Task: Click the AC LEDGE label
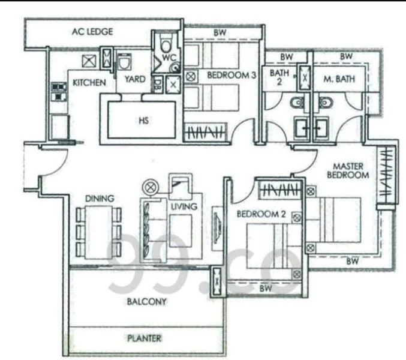(x=92, y=32)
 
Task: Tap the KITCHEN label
(x=89, y=83)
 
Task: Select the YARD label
(x=135, y=79)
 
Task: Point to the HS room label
(x=144, y=121)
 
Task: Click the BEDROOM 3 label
(x=231, y=75)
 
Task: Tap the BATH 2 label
(x=279, y=77)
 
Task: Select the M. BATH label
(x=339, y=79)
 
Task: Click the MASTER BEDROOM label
(x=348, y=170)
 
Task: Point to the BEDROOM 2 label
(x=261, y=214)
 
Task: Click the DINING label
(x=100, y=199)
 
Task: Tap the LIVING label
(x=184, y=206)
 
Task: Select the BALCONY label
(x=146, y=301)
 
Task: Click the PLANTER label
(x=144, y=338)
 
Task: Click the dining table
(x=99, y=232)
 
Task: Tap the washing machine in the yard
(x=124, y=62)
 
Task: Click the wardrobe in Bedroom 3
(x=205, y=133)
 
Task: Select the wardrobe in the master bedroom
(x=386, y=175)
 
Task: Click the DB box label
(x=157, y=85)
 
